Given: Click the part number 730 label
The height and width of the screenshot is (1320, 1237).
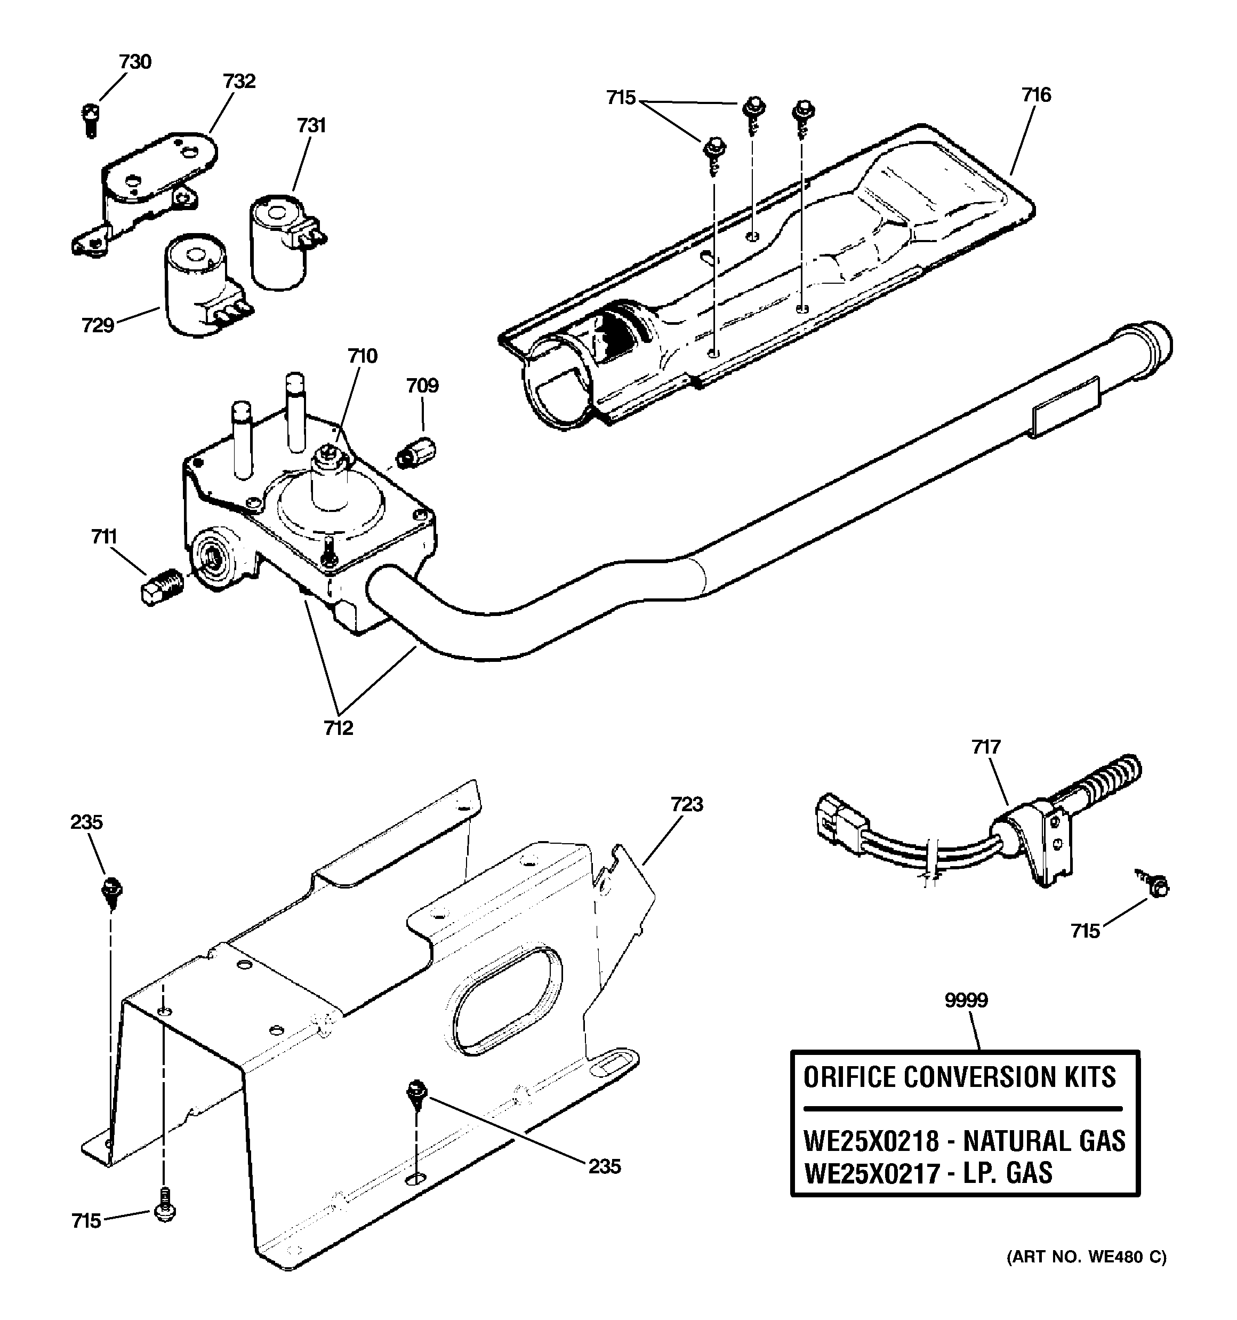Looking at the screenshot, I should pos(135,62).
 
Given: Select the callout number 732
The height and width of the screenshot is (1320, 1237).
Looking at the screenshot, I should pos(239,81).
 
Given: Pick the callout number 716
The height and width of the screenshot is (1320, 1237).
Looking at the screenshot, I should pos(1037,95).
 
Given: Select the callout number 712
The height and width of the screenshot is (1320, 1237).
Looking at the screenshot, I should pos(338,729).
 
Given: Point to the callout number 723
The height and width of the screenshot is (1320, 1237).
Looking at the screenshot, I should pos(687,804).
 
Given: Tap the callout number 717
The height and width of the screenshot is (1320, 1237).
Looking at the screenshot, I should pos(986,747).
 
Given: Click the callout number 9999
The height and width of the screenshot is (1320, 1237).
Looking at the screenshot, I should pos(966,1000).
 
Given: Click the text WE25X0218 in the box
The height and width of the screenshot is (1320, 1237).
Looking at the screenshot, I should pos(871,1141).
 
